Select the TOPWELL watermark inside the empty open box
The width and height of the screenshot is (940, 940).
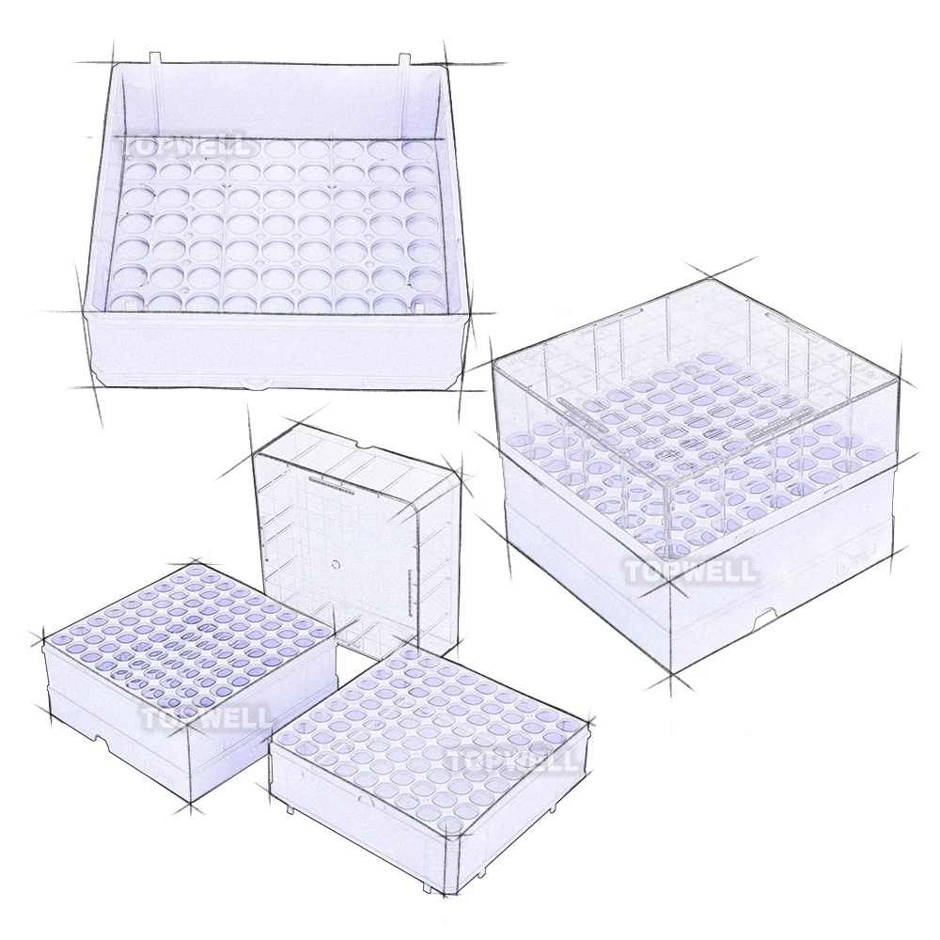182,145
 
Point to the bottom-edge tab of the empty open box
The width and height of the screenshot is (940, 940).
254,384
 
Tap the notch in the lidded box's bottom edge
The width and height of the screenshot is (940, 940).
766,616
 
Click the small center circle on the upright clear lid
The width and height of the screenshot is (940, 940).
335,568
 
